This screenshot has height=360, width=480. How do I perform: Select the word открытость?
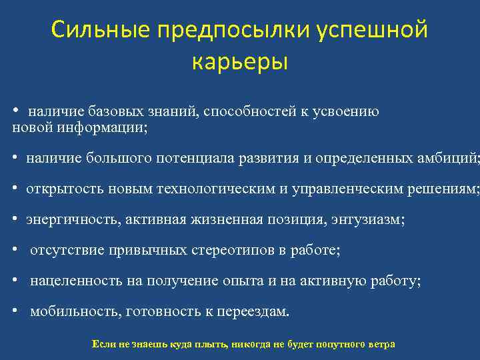point(56,189)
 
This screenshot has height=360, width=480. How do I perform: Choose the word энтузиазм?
point(367,220)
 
